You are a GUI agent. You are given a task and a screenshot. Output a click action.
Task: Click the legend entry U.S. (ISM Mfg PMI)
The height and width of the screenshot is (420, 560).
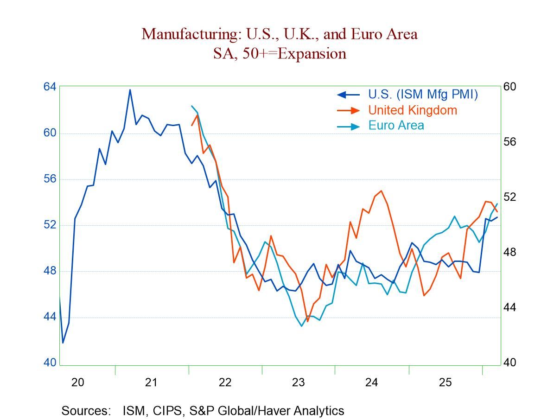click(x=423, y=94)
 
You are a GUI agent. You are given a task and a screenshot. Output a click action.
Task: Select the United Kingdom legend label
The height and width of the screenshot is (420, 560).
click(x=413, y=110)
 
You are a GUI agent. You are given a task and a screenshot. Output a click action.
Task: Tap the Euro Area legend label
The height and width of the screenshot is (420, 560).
click(x=396, y=125)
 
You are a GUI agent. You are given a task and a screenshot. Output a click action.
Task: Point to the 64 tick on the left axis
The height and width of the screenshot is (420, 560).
click(x=50, y=87)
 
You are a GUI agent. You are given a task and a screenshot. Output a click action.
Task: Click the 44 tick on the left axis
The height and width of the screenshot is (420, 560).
click(x=50, y=317)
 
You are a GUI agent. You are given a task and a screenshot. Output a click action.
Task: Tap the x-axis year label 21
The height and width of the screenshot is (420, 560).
click(x=151, y=382)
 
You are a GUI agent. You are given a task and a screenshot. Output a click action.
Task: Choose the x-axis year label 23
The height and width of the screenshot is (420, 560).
click(x=298, y=382)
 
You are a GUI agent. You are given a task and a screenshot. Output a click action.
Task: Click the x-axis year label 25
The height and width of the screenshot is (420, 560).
click(x=445, y=382)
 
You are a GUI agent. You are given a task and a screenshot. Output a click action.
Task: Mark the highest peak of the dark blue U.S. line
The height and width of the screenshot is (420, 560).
click(x=130, y=89)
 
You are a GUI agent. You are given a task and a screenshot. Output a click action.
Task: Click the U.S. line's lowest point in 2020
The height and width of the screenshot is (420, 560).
click(x=63, y=343)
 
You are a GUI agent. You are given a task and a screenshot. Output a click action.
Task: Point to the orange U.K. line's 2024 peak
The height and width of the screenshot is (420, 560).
click(x=381, y=191)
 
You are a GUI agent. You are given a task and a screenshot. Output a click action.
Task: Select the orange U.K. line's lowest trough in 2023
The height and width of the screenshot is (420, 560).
click(x=307, y=321)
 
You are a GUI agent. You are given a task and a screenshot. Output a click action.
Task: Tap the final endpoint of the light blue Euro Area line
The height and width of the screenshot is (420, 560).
click(x=497, y=204)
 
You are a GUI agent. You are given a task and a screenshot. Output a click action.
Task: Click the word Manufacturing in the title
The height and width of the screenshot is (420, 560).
click(x=185, y=34)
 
